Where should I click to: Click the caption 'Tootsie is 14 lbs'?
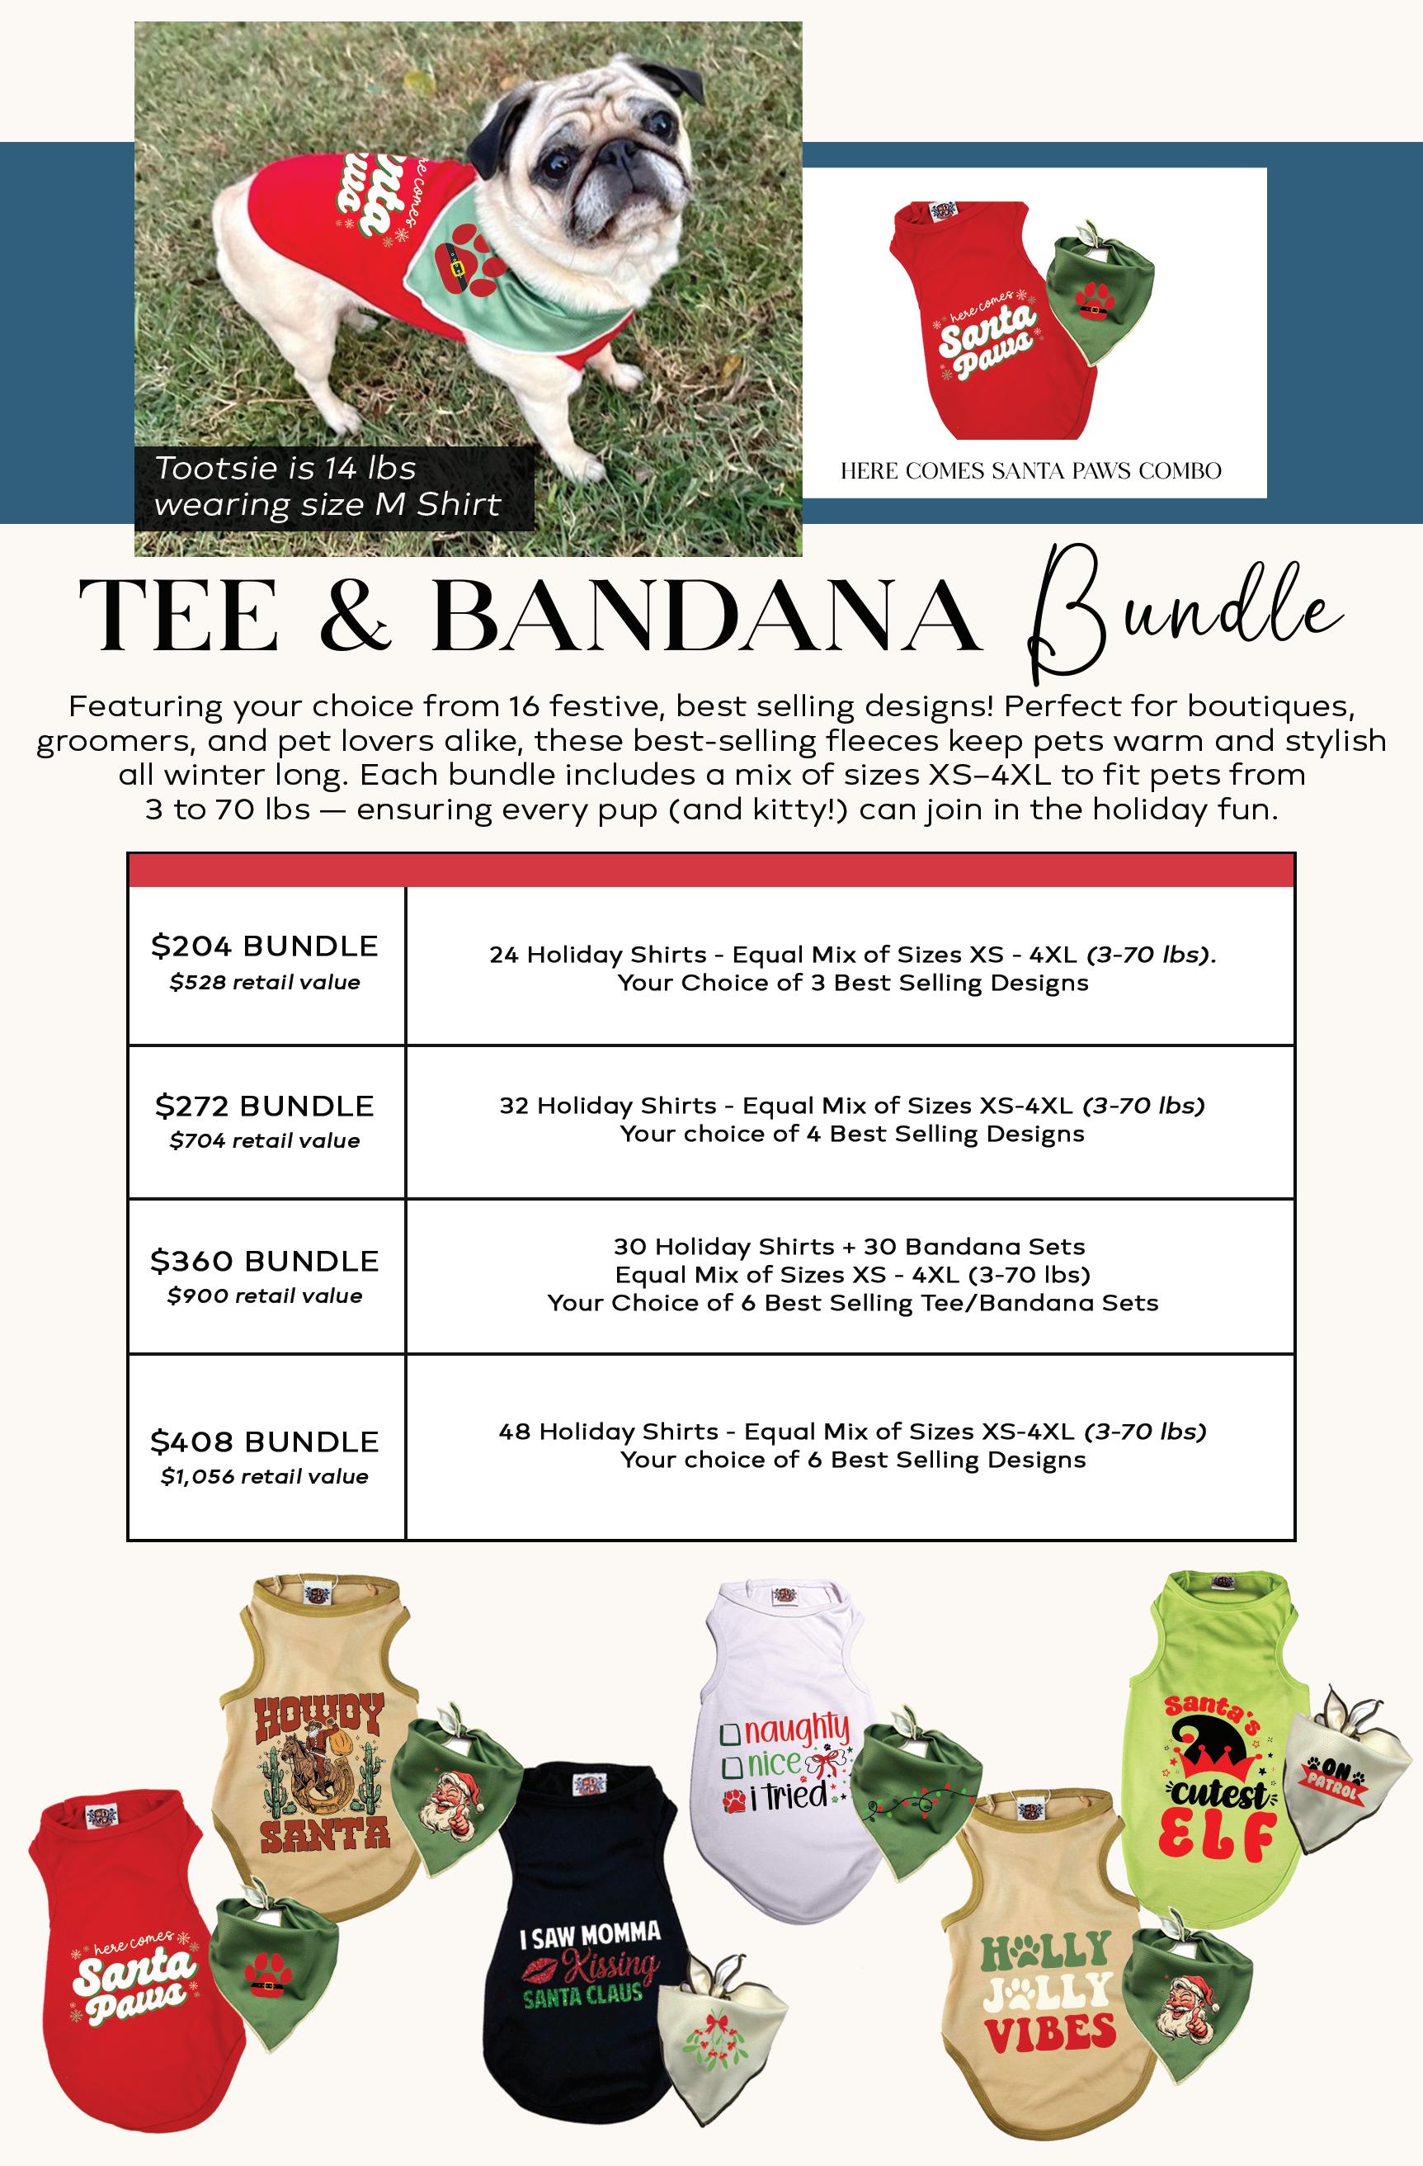[x=285, y=469]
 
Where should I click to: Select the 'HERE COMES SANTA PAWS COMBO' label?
[x=1031, y=470]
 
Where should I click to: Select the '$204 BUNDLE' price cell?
[x=265, y=946]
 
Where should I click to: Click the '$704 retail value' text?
[x=265, y=1140]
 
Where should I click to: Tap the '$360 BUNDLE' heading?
[x=265, y=1261]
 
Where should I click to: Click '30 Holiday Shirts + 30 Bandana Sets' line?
[x=850, y=1246]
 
